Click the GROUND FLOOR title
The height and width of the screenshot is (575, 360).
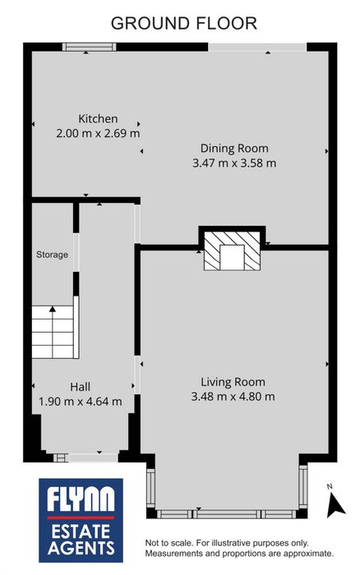tap(184, 23)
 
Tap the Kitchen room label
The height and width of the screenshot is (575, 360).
tap(98, 119)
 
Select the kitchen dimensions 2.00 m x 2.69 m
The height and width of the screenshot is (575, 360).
tap(98, 133)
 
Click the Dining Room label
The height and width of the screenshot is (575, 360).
tap(234, 149)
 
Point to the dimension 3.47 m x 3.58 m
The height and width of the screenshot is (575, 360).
tap(234, 163)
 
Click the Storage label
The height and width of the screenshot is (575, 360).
tap(52, 255)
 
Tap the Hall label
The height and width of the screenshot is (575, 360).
tap(80, 387)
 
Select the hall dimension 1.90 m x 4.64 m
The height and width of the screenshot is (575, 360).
tap(81, 402)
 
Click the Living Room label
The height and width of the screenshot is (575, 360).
tap(233, 382)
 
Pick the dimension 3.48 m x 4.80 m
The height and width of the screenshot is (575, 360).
tap(233, 397)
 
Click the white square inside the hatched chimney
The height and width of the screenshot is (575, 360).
tap(232, 257)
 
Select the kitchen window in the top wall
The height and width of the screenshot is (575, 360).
tap(89, 47)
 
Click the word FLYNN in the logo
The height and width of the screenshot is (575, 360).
tap(81, 500)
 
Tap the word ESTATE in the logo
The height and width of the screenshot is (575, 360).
tap(81, 531)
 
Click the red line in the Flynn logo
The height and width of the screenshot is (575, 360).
tap(81, 517)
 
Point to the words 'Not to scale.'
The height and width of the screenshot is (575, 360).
tap(169, 543)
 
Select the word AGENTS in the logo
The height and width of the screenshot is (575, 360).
tap(81, 548)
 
